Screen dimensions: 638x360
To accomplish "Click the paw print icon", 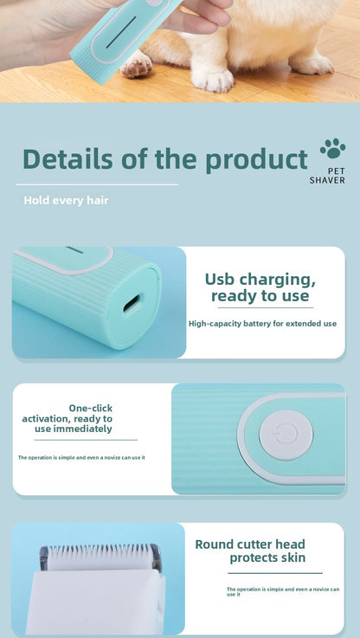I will [332, 150].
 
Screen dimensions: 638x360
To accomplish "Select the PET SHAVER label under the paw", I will [327, 177].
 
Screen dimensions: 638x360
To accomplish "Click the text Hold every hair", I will [66, 201].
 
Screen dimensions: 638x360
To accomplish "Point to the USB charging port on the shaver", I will [132, 304].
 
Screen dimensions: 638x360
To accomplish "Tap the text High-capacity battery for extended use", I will [262, 324].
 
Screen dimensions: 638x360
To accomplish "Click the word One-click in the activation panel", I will [90, 408].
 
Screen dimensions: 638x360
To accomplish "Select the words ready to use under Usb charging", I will [260, 296].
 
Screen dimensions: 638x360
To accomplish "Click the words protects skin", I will [267, 558].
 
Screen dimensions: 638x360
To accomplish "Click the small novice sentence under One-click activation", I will [81, 457].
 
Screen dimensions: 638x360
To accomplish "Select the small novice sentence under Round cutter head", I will [282, 591].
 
